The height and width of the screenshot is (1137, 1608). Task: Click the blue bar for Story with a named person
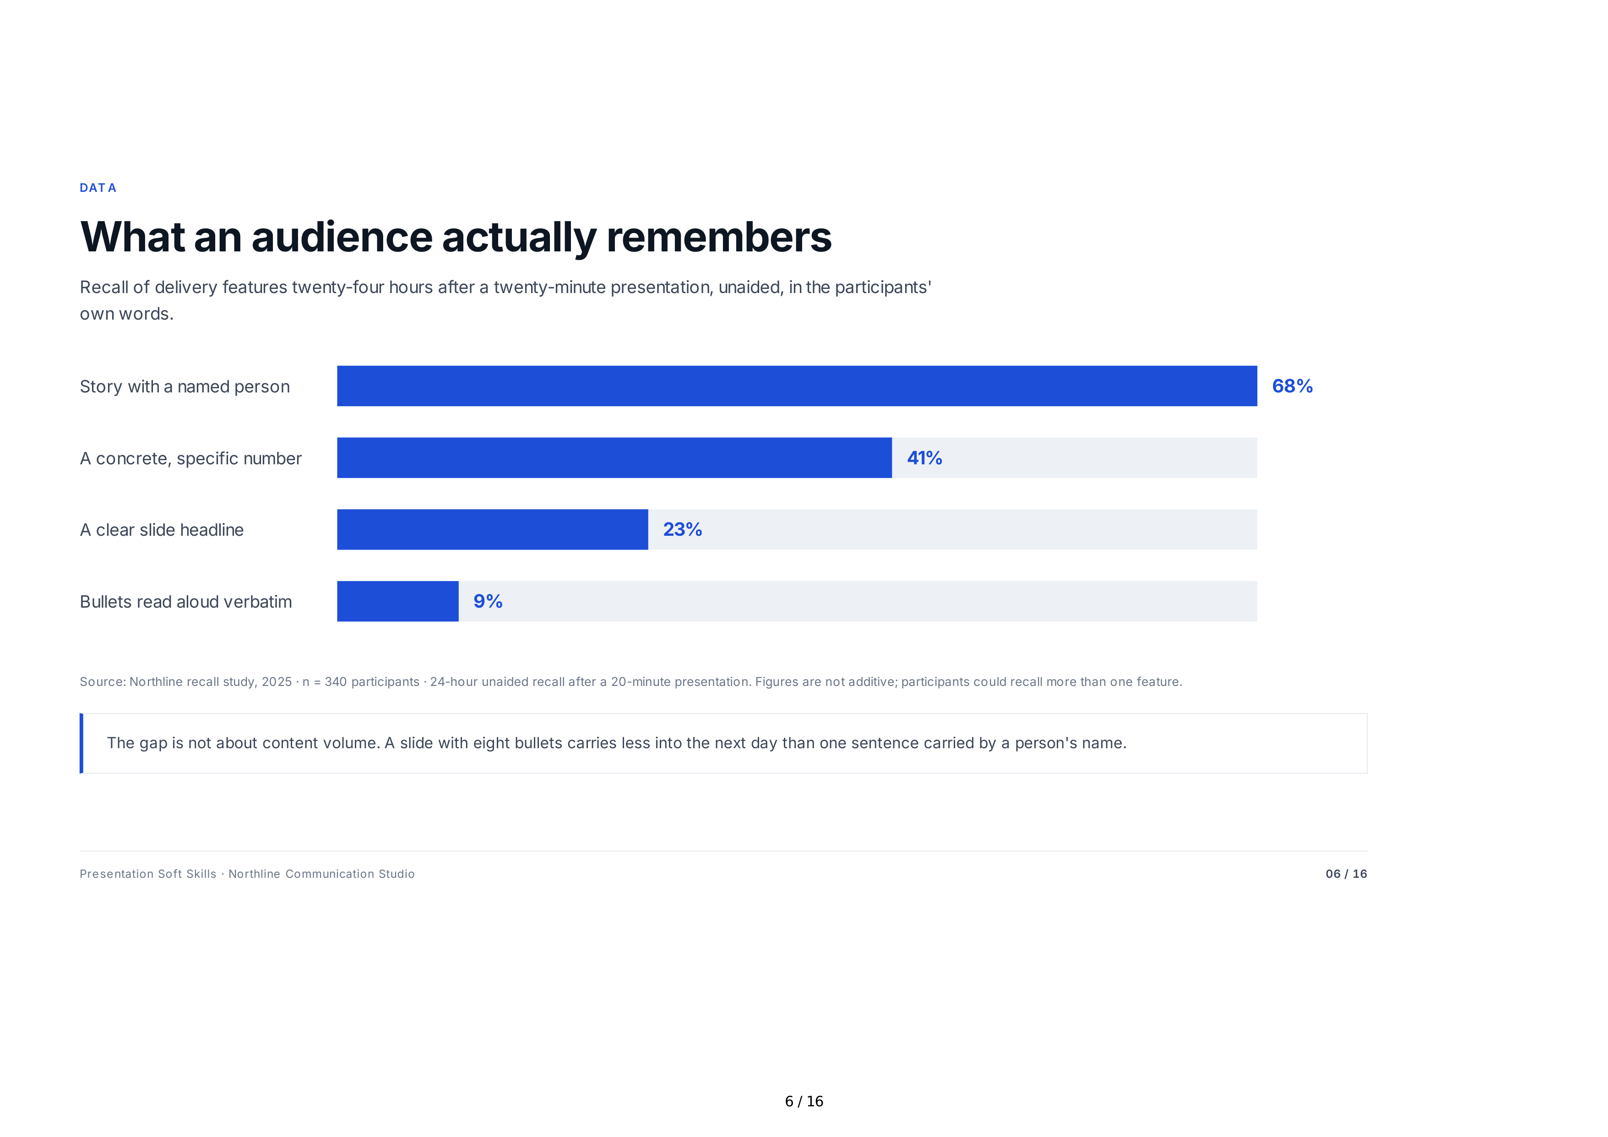[x=797, y=386]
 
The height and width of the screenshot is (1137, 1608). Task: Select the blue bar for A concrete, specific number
[x=614, y=458]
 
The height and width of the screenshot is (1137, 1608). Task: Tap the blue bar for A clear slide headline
[x=492, y=530]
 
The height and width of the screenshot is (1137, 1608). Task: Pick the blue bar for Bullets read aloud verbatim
[x=398, y=601]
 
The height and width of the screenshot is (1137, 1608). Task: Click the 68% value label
[x=1292, y=386]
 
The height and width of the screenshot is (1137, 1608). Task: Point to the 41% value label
[x=924, y=458]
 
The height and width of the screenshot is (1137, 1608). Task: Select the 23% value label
[x=682, y=530]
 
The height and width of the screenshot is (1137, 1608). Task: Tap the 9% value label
[x=488, y=601]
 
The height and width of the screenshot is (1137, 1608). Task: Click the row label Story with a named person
[x=184, y=386]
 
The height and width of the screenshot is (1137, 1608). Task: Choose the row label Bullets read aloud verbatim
[x=185, y=602]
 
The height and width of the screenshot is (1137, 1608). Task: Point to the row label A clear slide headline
[x=162, y=530]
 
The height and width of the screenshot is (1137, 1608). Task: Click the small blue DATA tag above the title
[x=98, y=188]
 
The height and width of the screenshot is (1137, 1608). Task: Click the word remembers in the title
[x=719, y=237]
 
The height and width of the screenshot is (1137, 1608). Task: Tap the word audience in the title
[x=342, y=237]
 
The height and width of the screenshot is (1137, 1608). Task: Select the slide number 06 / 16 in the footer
[x=1346, y=874]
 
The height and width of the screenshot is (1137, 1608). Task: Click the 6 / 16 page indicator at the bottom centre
[x=804, y=1101]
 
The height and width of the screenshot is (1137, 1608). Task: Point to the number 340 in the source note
[x=336, y=682]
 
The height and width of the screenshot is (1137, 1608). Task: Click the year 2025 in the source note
[x=277, y=682]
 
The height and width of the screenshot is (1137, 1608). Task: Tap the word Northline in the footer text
[x=254, y=874]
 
